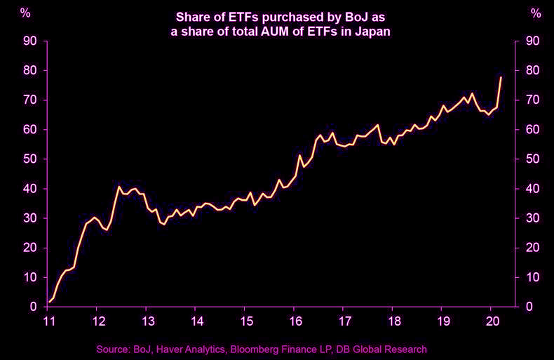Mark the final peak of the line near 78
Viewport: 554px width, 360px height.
(501, 77)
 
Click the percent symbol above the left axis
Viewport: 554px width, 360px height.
(25, 13)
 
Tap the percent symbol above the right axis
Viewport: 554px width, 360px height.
(536, 13)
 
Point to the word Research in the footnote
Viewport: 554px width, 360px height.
(406, 349)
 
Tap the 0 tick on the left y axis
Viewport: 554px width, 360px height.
(33, 307)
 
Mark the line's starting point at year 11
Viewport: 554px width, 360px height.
(48, 303)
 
